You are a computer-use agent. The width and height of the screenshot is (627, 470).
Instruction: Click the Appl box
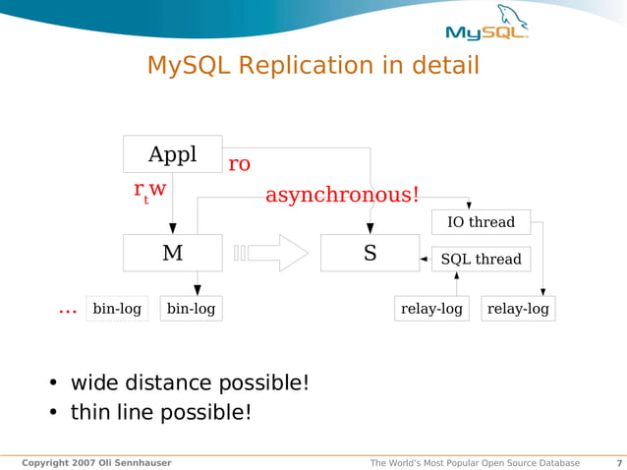(x=172, y=154)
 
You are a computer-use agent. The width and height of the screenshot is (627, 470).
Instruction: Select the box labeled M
(x=172, y=253)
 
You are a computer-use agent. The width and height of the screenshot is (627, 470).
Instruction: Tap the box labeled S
(x=370, y=253)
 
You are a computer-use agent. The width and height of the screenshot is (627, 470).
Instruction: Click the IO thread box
(x=481, y=222)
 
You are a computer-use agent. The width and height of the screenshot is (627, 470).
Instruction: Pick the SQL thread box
(x=481, y=260)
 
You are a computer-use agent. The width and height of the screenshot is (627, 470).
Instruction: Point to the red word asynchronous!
(x=342, y=195)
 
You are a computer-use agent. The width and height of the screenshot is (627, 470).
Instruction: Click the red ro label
(x=239, y=164)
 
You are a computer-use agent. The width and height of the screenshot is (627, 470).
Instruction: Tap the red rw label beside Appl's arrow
(x=150, y=190)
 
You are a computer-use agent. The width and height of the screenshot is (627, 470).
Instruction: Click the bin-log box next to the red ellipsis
(x=117, y=309)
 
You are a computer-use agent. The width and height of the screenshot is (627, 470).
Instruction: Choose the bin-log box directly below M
(x=191, y=309)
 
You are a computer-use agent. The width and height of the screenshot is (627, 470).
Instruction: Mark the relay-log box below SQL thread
(x=431, y=309)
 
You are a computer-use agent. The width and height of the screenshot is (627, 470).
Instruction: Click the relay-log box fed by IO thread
(x=518, y=309)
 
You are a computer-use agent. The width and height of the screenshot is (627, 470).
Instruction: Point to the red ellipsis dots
(x=68, y=311)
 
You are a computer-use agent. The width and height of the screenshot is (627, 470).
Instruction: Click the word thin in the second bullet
(x=89, y=412)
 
